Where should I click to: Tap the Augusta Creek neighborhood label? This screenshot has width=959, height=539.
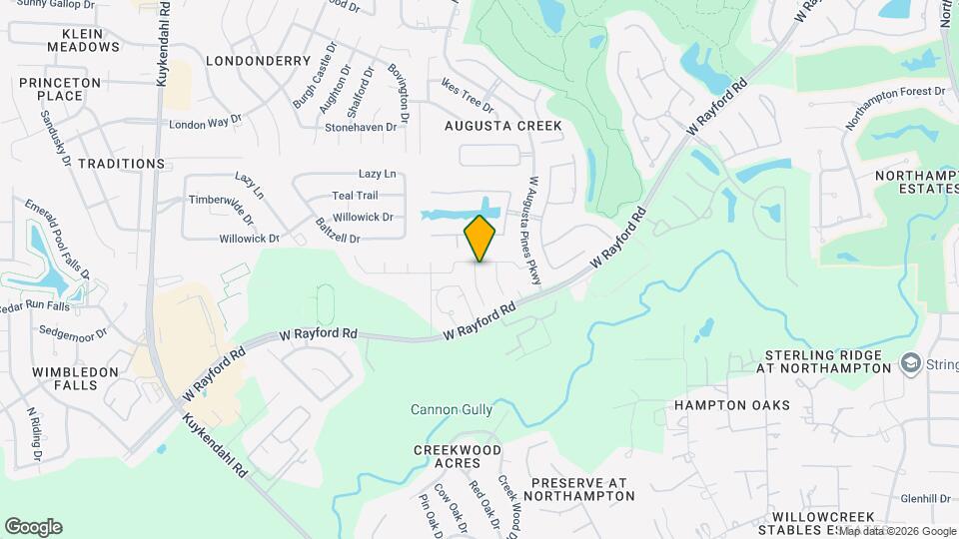(x=503, y=126)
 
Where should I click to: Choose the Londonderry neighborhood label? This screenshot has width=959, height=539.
(x=259, y=61)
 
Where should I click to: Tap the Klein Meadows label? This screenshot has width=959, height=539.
(x=84, y=39)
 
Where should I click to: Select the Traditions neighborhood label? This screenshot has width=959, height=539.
(x=121, y=163)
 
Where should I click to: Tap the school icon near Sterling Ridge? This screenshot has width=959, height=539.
(x=909, y=361)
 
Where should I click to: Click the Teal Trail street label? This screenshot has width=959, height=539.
(x=355, y=196)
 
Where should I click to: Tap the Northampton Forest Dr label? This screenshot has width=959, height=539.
(x=894, y=107)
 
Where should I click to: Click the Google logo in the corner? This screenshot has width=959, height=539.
(x=33, y=527)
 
